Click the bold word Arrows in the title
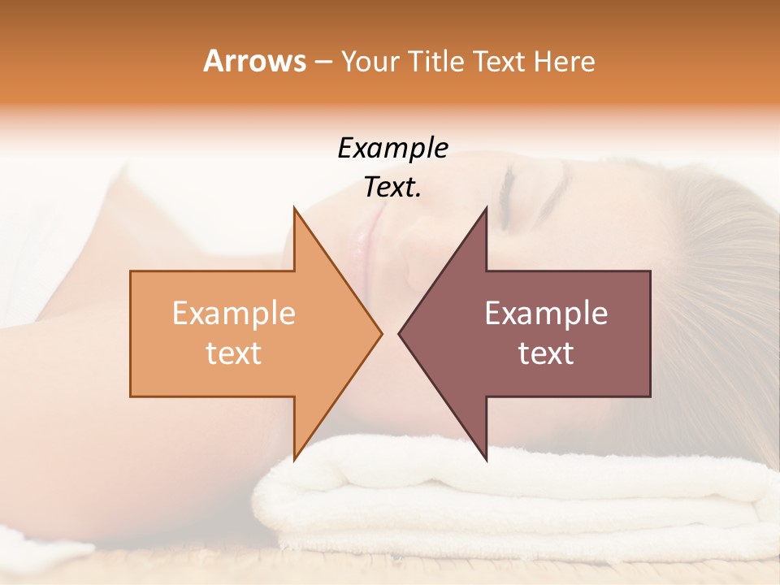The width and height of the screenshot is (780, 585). click(x=254, y=61)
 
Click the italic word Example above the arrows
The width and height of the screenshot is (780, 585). click(x=392, y=149)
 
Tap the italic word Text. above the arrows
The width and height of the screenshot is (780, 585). click(x=392, y=188)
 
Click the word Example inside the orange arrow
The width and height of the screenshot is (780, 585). click(x=234, y=313)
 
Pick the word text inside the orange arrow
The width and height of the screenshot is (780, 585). click(x=234, y=353)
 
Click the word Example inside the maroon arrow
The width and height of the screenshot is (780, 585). click(x=546, y=313)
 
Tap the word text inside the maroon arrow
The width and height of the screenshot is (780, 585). click(x=546, y=353)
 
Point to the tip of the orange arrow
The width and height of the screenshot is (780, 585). click(x=379, y=333)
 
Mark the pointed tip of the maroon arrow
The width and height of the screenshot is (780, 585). click(x=401, y=333)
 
